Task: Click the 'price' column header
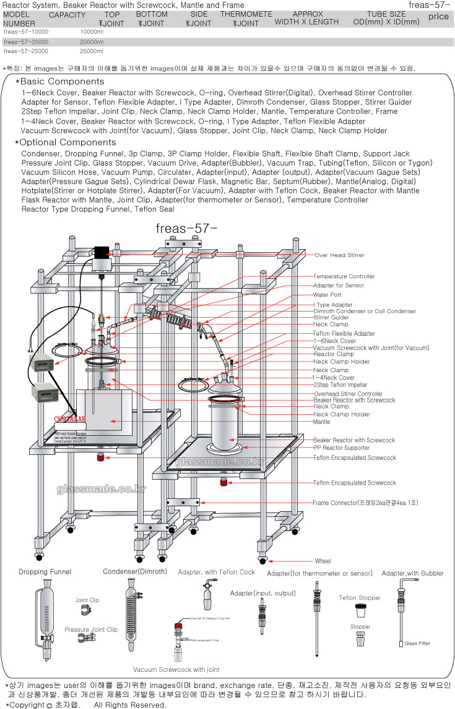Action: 438,17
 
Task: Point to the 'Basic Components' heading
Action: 63,82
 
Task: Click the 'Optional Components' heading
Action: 68,142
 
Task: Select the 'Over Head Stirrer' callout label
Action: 339,255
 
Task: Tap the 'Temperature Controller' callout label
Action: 344,276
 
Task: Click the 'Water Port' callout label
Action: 327,295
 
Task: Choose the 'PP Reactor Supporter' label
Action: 342,447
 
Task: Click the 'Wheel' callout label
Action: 323,561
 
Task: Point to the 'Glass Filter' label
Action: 418,643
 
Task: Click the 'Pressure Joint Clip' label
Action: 90,629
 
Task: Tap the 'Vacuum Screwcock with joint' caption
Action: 176,669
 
